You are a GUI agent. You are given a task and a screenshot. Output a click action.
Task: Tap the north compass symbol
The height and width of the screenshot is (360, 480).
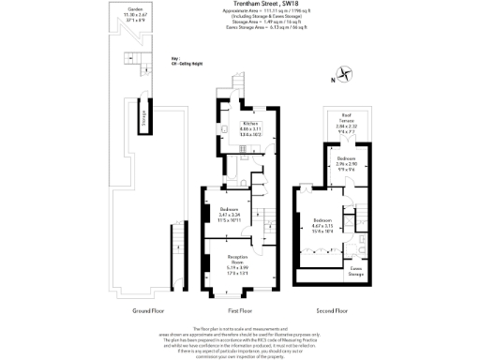[x=345, y=73]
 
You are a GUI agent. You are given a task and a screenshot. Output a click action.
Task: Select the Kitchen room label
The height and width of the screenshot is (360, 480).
[x=250, y=129]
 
